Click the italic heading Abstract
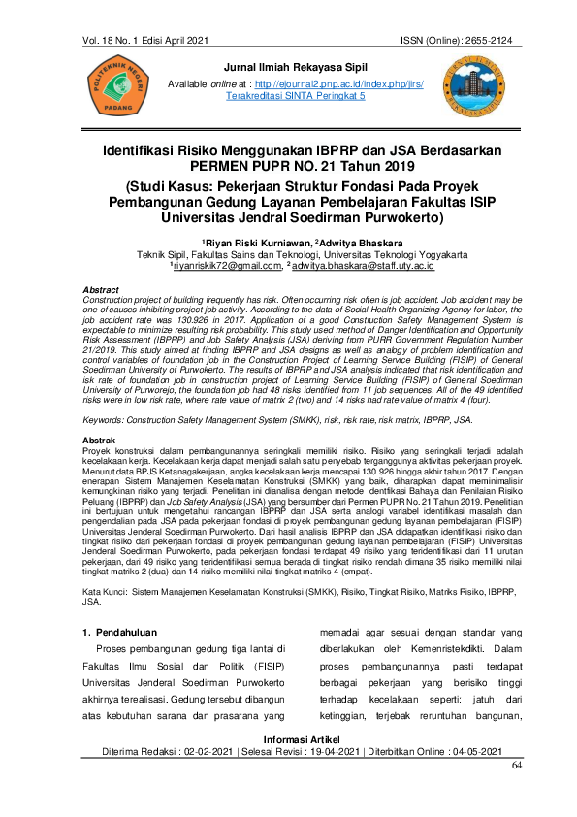101,290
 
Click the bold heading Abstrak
100,440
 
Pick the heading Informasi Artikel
289,740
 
